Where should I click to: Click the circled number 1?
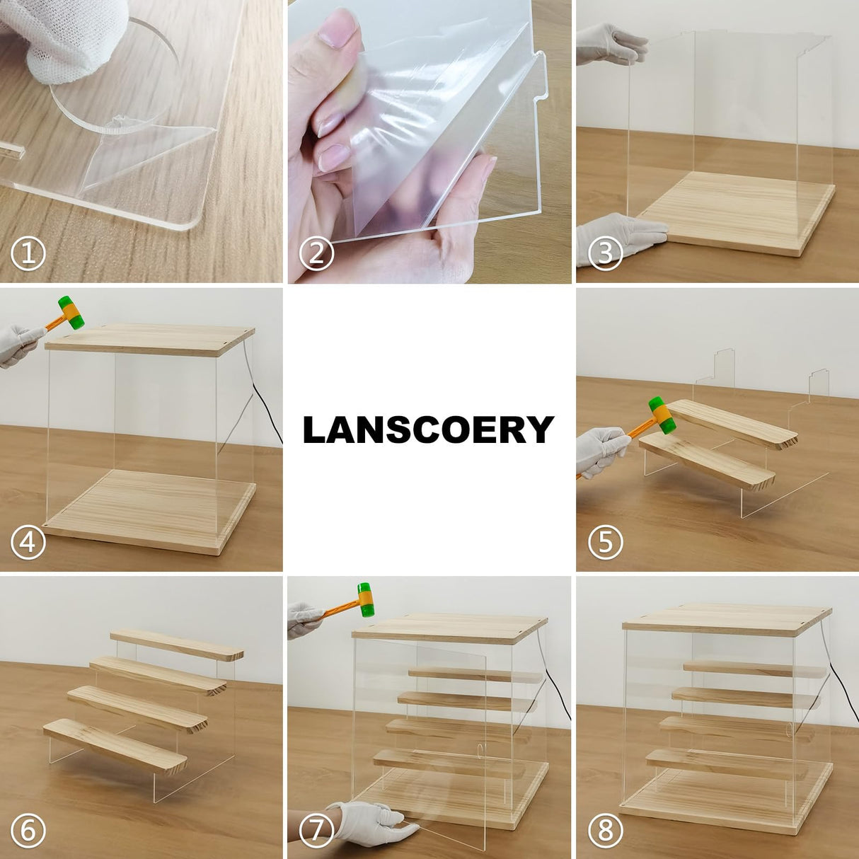click(x=28, y=254)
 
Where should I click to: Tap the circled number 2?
click(x=316, y=254)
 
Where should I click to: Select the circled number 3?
click(x=605, y=254)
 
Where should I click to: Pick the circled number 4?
click(x=28, y=543)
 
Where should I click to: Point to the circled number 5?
click(x=605, y=543)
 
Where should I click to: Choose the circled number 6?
click(x=28, y=831)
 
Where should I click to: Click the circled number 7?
click(x=316, y=831)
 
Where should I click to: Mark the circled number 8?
click(x=605, y=831)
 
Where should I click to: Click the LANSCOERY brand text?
click(x=429, y=429)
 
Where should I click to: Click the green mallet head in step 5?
click(x=664, y=415)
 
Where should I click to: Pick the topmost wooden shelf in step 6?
click(x=177, y=642)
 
